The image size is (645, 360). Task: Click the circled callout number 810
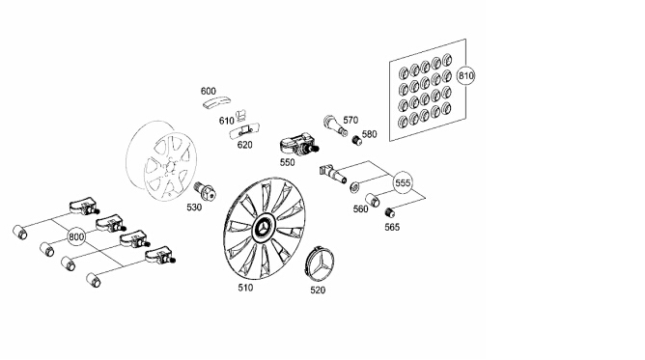coord(465,75)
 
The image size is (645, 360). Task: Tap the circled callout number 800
coord(76,236)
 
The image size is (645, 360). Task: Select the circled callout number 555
coord(403,182)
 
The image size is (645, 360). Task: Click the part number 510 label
coord(245,288)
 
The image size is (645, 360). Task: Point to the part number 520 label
coord(318,291)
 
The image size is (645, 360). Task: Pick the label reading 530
coord(194,208)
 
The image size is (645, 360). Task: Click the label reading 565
coord(392,227)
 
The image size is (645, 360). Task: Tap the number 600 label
coord(209,91)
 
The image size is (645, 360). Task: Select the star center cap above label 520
coord(322,265)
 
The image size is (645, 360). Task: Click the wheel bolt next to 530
coord(206,190)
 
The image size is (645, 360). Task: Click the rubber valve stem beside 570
coord(335,125)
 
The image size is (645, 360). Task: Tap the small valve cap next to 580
coord(356,140)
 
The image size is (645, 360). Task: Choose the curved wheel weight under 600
coord(216,102)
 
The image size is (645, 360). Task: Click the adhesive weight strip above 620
coord(245,133)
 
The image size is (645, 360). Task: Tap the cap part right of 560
coord(373,200)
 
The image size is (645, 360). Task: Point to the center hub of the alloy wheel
coord(170,166)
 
